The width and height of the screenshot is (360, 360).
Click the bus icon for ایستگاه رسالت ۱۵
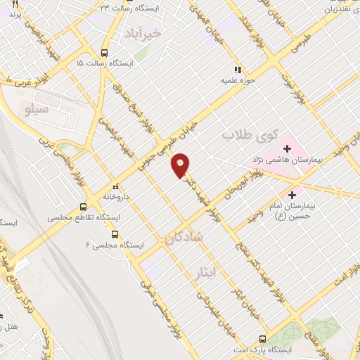coord(105,52)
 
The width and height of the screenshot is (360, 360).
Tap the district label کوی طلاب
coord(250,133)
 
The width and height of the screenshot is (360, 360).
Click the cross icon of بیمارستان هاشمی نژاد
coord(287,148)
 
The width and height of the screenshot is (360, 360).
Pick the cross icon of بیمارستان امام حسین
coord(292,194)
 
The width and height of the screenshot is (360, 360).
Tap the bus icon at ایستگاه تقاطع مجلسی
coord(84,207)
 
